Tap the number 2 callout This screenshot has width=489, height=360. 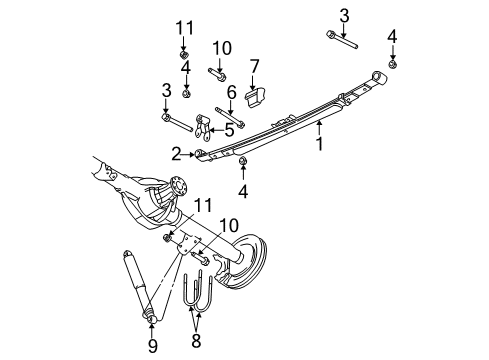pos(177,153)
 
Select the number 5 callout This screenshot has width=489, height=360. pos(229,130)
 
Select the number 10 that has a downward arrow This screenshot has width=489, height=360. pos(220,47)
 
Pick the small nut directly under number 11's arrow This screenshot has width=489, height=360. pos(185,53)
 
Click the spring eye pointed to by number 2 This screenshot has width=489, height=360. pos(201,153)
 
